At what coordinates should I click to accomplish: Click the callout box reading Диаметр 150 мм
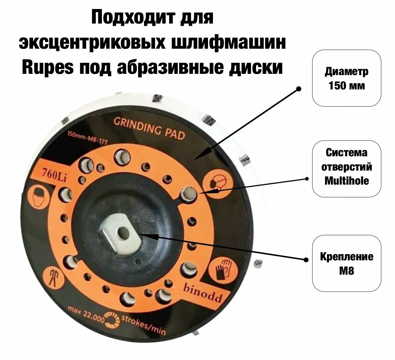point(347,78)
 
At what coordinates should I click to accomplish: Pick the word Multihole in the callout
point(347,181)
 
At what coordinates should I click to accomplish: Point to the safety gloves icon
point(224,269)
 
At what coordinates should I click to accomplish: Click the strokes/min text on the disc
point(143,325)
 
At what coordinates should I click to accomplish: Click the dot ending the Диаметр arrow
point(298,89)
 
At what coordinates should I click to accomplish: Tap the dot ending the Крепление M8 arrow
point(306,259)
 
